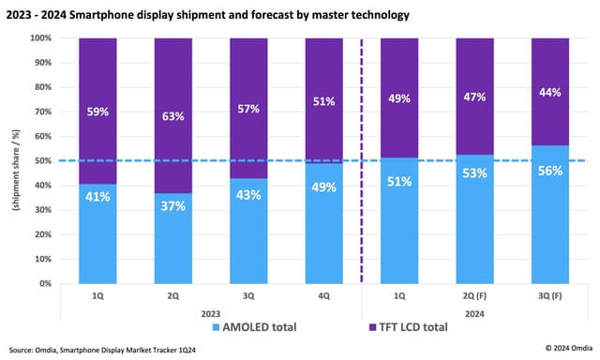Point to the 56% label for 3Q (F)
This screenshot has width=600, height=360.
tap(550, 172)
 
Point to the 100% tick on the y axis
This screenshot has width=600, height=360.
tap(39, 38)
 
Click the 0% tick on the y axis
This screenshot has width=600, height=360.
tap(44, 283)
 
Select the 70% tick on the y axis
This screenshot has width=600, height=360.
tap(42, 112)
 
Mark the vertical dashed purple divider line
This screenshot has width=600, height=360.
tap(362, 187)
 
